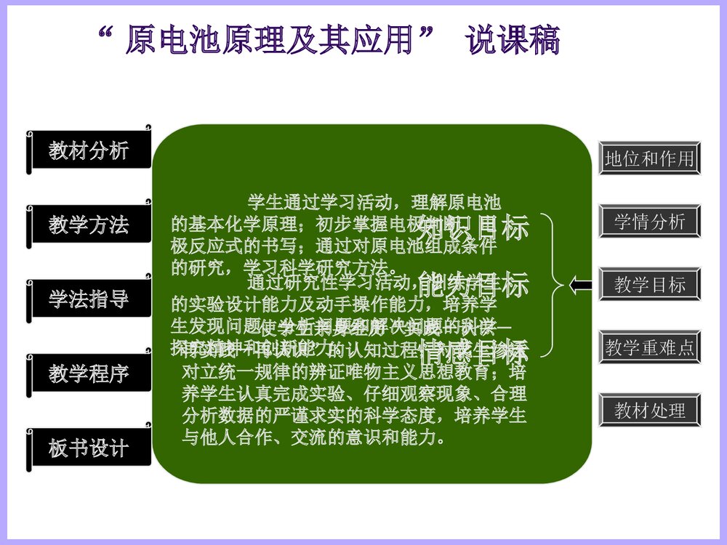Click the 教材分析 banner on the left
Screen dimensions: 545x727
[89, 150]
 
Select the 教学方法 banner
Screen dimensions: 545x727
[89, 225]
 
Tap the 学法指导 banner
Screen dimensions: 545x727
[89, 299]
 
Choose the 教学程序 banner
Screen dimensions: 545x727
[89, 374]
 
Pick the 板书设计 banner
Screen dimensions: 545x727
[89, 448]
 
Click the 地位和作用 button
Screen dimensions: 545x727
[649, 158]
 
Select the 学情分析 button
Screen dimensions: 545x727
[649, 222]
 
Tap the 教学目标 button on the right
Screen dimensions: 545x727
[649, 284]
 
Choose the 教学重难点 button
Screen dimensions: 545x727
[649, 347]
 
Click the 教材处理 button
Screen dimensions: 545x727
[649, 410]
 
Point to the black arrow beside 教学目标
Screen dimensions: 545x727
[582, 286]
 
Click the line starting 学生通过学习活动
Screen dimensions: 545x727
[374, 201]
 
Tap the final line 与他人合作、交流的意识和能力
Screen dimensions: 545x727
[313, 438]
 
